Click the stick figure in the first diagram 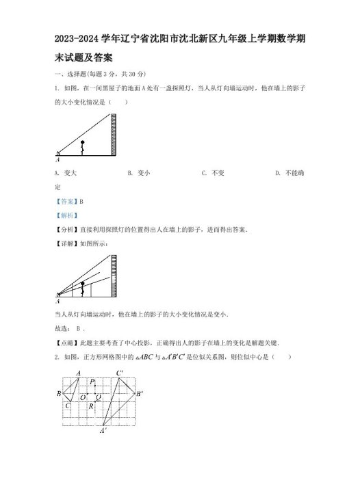(x=83, y=148)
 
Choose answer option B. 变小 (x=139, y=173)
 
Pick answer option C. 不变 (x=214, y=173)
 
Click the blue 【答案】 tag (x=66, y=201)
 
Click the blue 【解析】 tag (x=66, y=215)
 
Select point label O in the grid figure (x=82, y=397)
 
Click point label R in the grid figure (x=91, y=406)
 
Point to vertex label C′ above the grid (x=119, y=373)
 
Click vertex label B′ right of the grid (x=140, y=395)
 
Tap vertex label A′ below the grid (x=103, y=431)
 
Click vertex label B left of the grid (x=59, y=394)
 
